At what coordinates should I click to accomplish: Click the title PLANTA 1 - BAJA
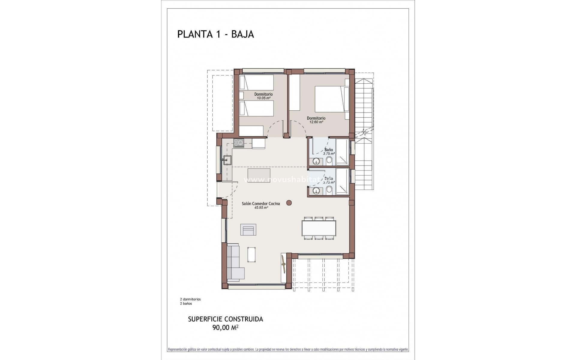(215, 34)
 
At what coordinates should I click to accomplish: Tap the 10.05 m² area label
(263, 98)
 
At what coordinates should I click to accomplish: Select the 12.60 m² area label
(316, 122)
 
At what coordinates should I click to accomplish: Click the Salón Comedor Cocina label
(261, 203)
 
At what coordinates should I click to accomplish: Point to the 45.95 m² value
(261, 207)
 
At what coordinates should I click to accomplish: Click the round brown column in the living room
(289, 203)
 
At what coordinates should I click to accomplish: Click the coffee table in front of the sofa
(251, 255)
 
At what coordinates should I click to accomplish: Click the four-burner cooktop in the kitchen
(239, 143)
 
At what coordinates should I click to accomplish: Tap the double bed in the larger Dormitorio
(330, 99)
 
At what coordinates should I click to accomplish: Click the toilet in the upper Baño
(329, 161)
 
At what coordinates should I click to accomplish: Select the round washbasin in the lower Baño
(316, 190)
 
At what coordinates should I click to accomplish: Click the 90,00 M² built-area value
(225, 328)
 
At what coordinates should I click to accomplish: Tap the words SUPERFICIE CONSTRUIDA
(225, 319)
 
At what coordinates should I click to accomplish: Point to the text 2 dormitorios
(190, 299)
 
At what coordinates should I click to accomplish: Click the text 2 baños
(186, 303)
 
